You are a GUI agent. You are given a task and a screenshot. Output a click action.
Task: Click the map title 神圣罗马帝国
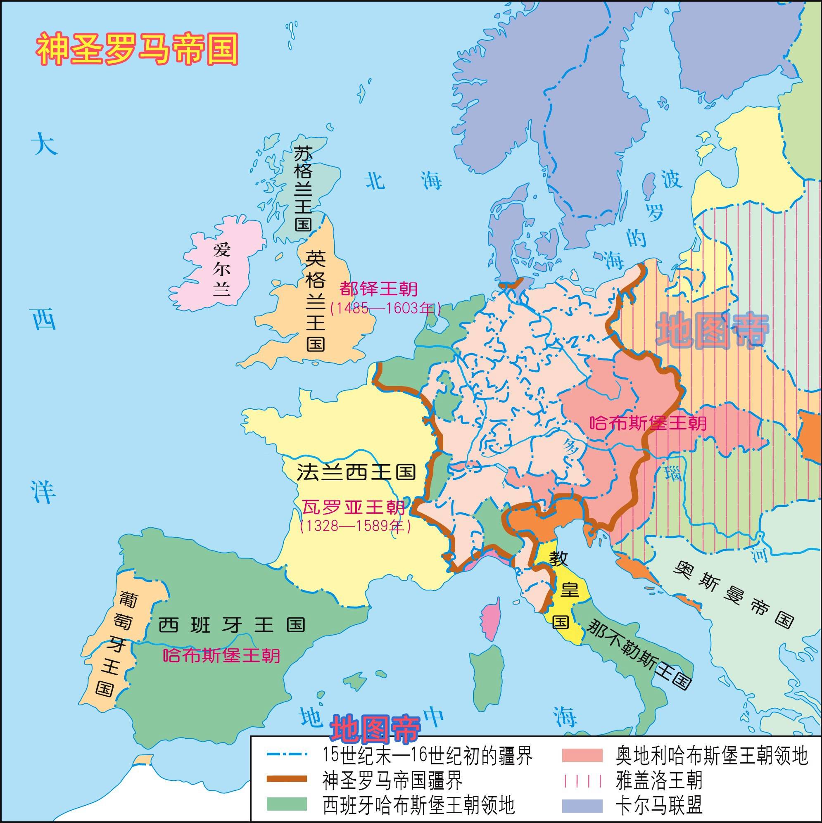(x=137, y=50)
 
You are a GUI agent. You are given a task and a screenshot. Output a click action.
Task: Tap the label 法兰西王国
(x=356, y=472)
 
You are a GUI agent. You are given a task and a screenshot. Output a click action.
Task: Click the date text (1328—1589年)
(x=356, y=526)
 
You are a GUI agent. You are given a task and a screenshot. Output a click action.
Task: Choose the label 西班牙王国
(x=232, y=625)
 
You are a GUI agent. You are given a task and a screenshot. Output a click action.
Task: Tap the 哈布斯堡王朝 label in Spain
(x=221, y=655)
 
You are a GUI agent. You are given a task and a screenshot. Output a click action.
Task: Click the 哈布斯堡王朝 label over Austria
(x=648, y=423)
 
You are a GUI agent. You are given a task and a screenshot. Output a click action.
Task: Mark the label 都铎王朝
(x=378, y=289)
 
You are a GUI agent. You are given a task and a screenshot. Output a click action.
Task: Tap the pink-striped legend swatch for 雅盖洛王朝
(x=582, y=781)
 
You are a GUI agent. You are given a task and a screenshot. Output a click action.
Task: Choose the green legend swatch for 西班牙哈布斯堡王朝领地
(x=287, y=804)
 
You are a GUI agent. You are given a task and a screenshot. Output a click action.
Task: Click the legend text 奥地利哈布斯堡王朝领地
(x=712, y=756)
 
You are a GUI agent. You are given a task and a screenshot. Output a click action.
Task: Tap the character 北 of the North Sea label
(x=375, y=180)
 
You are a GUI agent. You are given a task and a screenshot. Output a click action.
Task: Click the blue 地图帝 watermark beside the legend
(x=375, y=729)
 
